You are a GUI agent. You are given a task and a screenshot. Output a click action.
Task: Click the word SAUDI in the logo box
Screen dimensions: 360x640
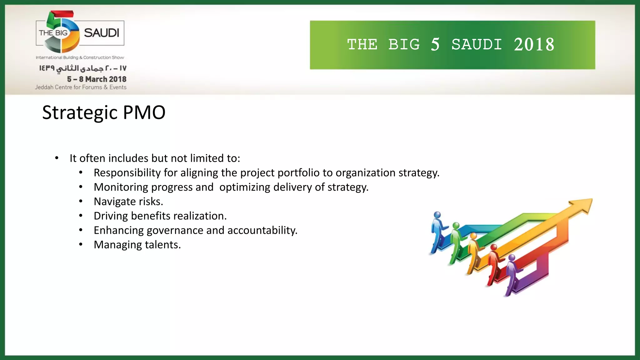[x=102, y=33]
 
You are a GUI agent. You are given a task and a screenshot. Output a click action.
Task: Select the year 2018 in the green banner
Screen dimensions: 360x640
[x=534, y=45]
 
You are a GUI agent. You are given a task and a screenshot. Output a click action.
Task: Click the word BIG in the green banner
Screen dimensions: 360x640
[x=404, y=45]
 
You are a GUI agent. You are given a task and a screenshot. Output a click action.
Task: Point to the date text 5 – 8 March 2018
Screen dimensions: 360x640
[x=97, y=79]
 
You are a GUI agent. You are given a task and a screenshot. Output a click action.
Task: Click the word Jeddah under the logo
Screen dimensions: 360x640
[x=44, y=87]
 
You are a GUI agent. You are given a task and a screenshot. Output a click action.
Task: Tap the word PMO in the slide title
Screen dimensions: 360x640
[x=144, y=112]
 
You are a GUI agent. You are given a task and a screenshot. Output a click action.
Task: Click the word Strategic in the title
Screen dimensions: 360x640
[x=80, y=112]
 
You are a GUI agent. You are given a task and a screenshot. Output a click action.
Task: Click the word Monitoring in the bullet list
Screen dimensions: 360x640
[x=121, y=187]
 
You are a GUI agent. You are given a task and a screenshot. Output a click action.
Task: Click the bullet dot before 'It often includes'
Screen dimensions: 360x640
[x=57, y=158]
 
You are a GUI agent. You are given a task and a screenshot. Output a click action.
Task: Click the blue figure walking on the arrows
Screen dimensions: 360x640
[x=437, y=231]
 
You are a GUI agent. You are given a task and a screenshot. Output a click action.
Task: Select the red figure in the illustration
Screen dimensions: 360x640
[x=494, y=264]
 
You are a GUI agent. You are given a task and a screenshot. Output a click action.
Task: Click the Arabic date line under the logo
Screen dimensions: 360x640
[x=83, y=68]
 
